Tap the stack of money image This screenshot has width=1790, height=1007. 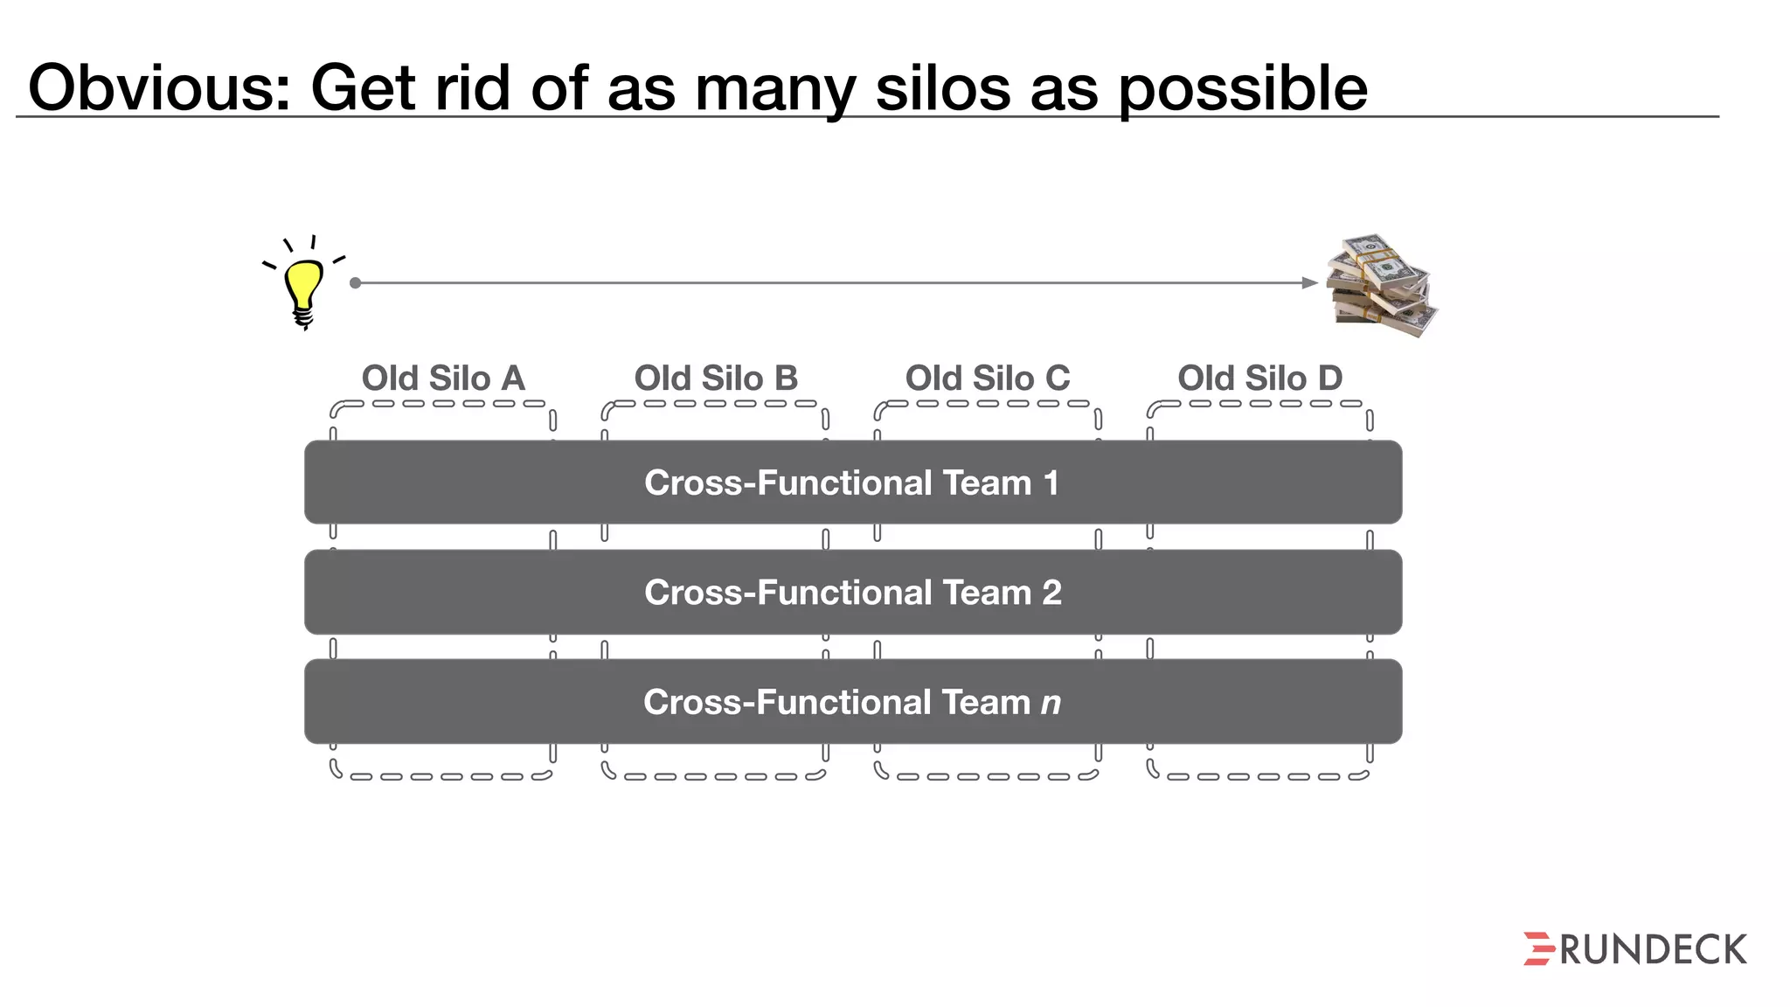coord(1381,285)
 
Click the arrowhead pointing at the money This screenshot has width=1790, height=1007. coord(1309,282)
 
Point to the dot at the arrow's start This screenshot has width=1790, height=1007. coord(355,282)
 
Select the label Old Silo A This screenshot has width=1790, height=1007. coord(443,378)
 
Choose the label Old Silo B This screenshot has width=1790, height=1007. coord(716,378)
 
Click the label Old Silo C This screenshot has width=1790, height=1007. coord(988,378)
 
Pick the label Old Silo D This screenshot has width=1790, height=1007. coord(1259,378)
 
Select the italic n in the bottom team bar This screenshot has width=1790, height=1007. coord(1051,703)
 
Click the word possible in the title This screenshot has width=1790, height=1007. coord(1242,89)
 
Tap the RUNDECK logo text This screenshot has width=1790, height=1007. coord(1653,950)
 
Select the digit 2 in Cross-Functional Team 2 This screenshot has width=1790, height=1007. coord(1051,593)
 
